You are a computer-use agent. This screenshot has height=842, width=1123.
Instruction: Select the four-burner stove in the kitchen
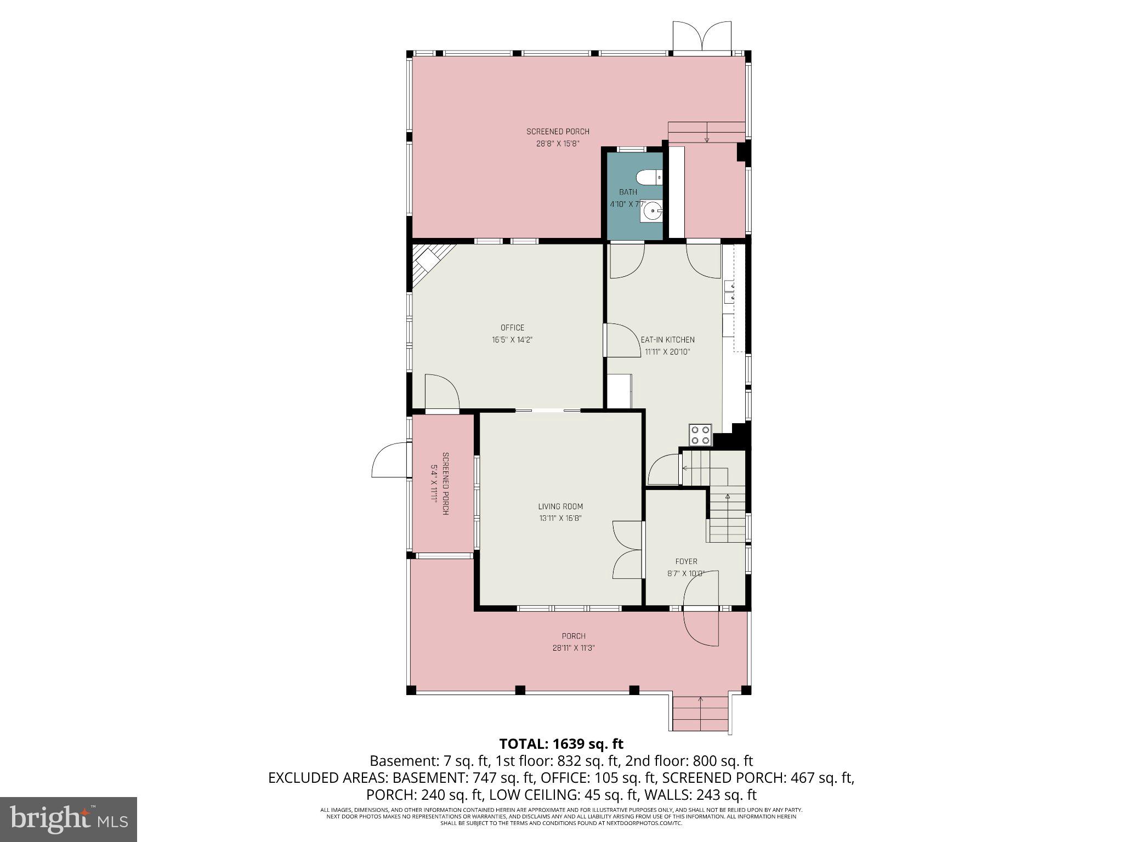pos(701,435)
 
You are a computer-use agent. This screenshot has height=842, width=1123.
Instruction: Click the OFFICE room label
pos(512,328)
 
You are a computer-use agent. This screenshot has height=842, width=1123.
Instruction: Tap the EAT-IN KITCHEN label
pos(667,340)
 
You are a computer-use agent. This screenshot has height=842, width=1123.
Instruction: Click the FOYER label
pos(686,561)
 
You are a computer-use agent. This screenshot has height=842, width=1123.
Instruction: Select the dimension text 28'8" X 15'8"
pos(558,144)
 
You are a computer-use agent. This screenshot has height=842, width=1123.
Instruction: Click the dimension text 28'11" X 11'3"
pos(574,648)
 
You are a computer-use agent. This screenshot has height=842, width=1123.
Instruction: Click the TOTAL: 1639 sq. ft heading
pos(561,744)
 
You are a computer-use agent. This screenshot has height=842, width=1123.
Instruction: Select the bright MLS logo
pos(69,819)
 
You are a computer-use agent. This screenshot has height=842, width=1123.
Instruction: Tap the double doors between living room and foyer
pos(627,549)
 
